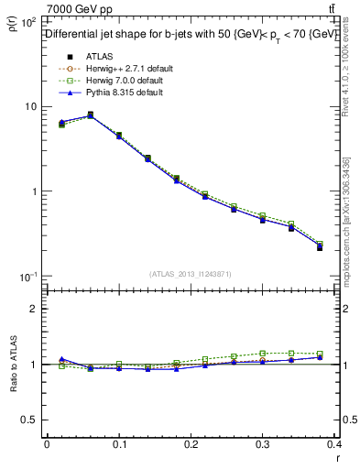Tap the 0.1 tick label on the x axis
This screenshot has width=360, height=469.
point(119,443)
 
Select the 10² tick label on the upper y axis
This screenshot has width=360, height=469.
point(29,21)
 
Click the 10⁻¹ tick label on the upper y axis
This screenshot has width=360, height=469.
point(29,277)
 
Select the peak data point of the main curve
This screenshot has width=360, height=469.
point(90,115)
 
